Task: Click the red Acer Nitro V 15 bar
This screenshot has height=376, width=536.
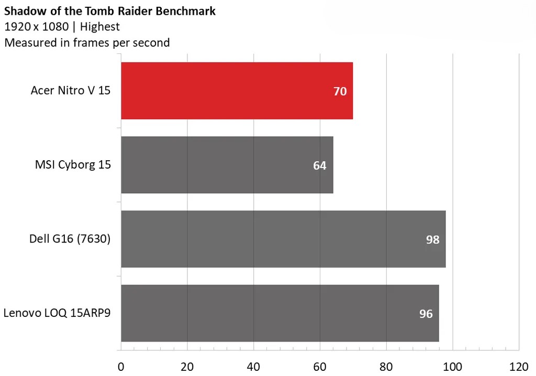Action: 237,91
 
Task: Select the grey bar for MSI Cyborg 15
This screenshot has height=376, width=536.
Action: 227,165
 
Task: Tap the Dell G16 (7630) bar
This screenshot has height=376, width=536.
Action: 283,239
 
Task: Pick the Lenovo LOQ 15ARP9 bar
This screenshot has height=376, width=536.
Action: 280,313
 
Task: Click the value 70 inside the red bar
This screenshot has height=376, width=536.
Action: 340,91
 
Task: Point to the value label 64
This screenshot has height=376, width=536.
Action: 320,165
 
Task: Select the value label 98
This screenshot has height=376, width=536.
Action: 432,240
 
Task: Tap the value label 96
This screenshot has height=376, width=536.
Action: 426,314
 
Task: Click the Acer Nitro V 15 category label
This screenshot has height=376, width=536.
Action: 71,91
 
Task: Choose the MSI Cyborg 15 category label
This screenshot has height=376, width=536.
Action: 73,165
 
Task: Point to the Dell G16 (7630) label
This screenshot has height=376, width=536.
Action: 70,239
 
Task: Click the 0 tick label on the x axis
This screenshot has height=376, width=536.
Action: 121,366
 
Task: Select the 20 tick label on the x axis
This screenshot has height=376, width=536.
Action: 187,366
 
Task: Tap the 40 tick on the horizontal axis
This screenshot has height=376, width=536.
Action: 253,366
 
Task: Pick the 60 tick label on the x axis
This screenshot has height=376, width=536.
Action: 320,366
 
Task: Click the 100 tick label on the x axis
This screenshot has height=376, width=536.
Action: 452,366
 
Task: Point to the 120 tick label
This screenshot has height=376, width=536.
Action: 518,366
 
